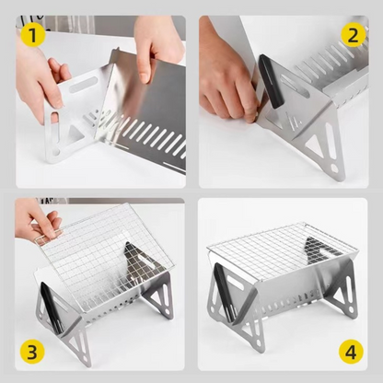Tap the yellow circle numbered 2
click(351, 35)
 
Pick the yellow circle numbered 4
click(351, 350)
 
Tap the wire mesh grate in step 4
click(281, 244)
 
